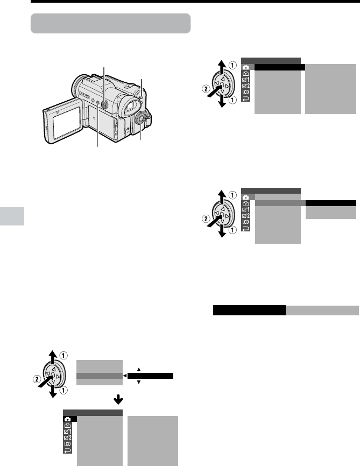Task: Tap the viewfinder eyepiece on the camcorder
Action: coord(130,105)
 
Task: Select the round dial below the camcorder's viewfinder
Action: coord(140,119)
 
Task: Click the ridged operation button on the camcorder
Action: coord(104,104)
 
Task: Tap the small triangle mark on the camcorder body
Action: coord(94,118)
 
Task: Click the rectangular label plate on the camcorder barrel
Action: coord(84,95)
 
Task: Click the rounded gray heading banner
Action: coord(111,23)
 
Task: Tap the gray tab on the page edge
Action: coord(12,216)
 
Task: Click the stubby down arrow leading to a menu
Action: coord(118,399)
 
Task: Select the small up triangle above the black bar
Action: coord(139,370)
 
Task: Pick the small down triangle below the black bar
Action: coord(139,382)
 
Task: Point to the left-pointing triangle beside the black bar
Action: coord(125,376)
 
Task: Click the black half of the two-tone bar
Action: coord(249,310)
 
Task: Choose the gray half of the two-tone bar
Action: coord(322,310)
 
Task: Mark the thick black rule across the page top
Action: coord(195,1)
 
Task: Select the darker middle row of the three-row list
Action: coord(100,376)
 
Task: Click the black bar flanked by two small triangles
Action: coord(151,376)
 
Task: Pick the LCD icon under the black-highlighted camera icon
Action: coord(67,444)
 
